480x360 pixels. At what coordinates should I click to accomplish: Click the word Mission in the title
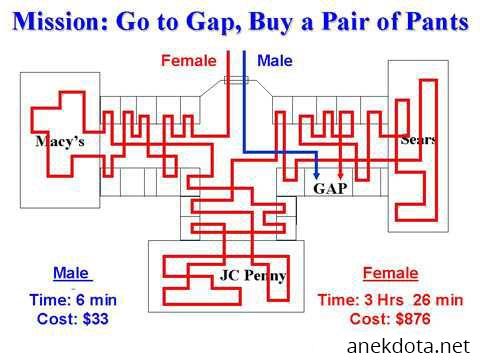60,22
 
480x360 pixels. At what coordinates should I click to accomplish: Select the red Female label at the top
189,61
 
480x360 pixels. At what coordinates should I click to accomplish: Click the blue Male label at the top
275,61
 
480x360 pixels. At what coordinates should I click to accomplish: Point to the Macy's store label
60,141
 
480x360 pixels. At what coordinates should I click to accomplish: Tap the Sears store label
418,139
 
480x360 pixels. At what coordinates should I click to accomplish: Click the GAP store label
330,189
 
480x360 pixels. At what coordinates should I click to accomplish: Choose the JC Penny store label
253,276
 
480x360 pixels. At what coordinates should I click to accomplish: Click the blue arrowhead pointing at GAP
317,176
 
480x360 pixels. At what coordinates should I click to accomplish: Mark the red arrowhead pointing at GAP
340,176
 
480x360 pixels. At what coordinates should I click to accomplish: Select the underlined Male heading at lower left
71,273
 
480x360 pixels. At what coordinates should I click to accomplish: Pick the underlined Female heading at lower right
390,273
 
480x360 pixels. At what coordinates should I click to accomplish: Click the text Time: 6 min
73,300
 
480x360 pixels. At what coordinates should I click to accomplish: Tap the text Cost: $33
73,319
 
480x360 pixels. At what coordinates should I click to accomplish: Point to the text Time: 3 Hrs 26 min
390,300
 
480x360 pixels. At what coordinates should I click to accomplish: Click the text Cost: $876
390,319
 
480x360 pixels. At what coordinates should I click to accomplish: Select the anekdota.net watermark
408,346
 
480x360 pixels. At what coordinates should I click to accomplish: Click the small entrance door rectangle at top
236,80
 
